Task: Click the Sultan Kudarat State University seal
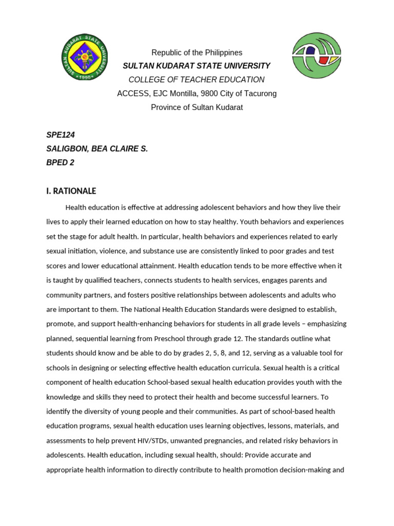click(x=84, y=57)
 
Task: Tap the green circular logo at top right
click(x=316, y=55)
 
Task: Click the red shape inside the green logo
click(x=326, y=58)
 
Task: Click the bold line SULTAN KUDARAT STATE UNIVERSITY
click(x=196, y=66)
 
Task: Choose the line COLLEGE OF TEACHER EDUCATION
click(x=196, y=80)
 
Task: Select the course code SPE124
click(x=61, y=135)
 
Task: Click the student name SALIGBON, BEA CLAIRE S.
click(x=97, y=149)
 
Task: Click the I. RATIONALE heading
click(x=71, y=191)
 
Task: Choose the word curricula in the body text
click(x=292, y=368)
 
